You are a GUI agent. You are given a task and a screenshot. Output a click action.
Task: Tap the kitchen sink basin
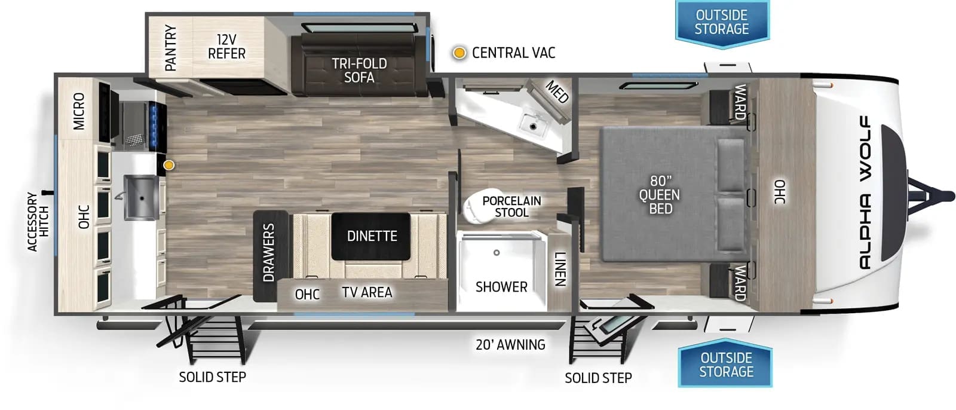(x=140, y=198)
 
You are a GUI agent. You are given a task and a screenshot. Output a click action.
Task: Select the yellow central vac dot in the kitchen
(x=170, y=165)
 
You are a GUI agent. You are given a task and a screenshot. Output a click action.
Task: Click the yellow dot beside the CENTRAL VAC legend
(x=459, y=53)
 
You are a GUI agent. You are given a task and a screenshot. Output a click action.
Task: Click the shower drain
(x=497, y=253)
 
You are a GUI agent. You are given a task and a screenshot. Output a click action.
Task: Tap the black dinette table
(x=371, y=236)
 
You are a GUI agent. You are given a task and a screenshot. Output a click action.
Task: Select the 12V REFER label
(x=226, y=47)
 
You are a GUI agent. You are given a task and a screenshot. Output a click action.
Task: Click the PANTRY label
(x=171, y=48)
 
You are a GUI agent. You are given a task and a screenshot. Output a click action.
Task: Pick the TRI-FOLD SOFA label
(x=359, y=71)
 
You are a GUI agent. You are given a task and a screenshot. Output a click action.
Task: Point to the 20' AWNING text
(x=510, y=345)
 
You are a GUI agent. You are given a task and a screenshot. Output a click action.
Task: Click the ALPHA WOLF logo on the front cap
(x=865, y=192)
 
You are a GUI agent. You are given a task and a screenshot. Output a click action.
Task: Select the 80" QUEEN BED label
(x=660, y=194)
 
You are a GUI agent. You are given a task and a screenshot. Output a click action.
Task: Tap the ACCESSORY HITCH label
(x=38, y=222)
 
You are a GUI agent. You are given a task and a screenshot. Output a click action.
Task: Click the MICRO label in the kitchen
(x=79, y=112)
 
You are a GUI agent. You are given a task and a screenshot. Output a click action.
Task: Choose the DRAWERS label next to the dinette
(x=268, y=253)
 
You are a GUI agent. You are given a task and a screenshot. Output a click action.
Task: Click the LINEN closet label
(x=560, y=268)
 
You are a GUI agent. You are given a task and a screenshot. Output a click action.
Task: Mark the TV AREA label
(x=367, y=292)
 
